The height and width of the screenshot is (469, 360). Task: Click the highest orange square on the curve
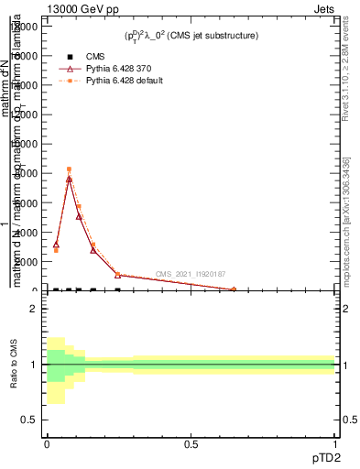(x=69, y=169)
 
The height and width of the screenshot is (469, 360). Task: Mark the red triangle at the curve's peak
(x=69, y=179)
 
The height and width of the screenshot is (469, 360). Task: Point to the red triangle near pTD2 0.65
(x=233, y=289)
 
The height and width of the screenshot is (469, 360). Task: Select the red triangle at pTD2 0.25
(x=117, y=275)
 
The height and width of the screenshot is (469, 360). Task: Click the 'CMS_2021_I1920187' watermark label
(x=191, y=274)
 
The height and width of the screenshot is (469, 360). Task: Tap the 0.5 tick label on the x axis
(x=191, y=444)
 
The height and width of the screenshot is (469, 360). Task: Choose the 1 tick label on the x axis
(x=334, y=444)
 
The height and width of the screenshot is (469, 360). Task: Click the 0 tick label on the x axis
(x=47, y=444)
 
